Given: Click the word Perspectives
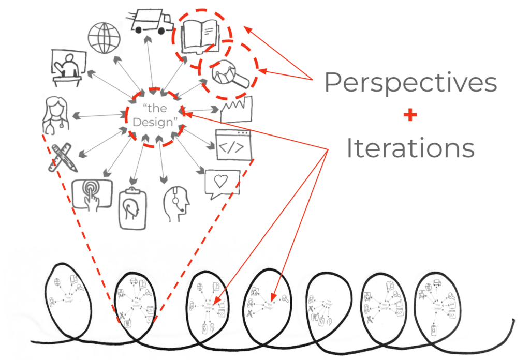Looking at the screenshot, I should coord(410,83).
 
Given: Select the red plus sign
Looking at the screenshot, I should coord(410,115).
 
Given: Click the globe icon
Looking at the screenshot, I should coord(104,37).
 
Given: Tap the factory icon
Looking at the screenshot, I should coord(235,110).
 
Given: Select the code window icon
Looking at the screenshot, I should coord(233,144).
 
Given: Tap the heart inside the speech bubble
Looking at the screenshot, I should coord(222,182).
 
